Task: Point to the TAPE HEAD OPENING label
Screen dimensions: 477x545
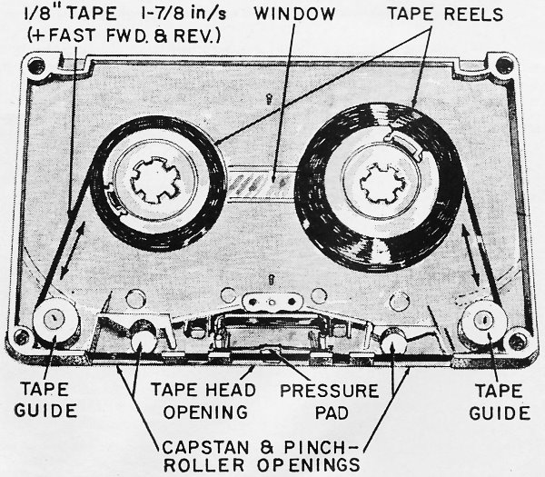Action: tap(197, 401)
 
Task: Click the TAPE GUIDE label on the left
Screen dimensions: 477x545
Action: tap(45, 401)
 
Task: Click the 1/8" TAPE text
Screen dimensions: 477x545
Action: tap(55, 15)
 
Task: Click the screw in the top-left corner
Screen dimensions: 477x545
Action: tap(35, 65)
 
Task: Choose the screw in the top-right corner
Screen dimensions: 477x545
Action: tap(501, 65)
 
